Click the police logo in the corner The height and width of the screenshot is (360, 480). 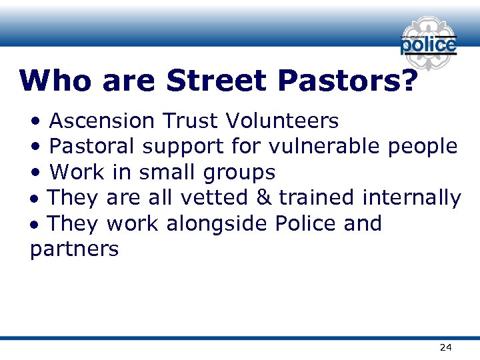[x=428, y=43]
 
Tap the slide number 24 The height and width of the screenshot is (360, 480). [x=445, y=347]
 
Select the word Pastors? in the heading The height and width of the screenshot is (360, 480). [x=348, y=81]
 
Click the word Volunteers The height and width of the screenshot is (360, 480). [x=282, y=121]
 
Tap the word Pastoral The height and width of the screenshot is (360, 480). [x=93, y=146]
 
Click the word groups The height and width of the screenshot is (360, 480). [x=240, y=173]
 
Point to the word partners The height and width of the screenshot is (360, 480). [x=75, y=249]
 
